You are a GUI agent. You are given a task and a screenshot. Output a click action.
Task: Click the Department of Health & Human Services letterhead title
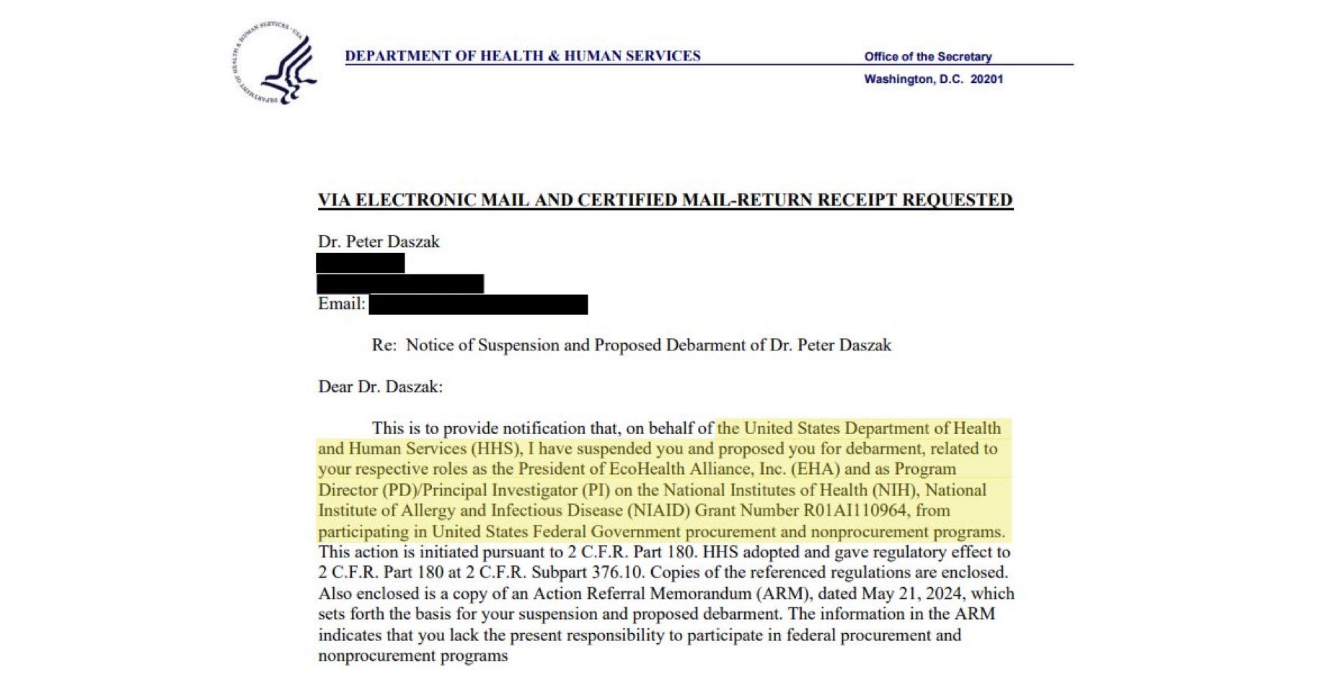(522, 56)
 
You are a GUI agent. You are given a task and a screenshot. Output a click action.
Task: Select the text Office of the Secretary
(927, 56)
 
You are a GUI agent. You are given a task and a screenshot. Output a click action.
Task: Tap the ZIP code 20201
(986, 79)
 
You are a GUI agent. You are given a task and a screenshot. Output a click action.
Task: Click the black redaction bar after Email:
(478, 304)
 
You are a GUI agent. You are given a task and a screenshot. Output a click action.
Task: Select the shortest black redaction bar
(361, 263)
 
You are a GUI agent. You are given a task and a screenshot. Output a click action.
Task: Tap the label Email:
(342, 304)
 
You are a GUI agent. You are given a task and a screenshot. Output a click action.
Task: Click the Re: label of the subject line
(384, 345)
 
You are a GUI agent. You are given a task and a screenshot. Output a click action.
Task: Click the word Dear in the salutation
(336, 387)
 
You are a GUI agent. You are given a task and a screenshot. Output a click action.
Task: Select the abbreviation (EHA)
(816, 469)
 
